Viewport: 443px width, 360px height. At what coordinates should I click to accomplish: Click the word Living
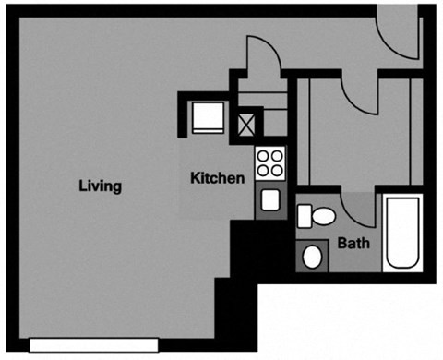100,186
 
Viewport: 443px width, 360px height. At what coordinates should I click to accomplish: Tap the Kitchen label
217,177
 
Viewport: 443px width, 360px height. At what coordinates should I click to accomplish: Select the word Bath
354,244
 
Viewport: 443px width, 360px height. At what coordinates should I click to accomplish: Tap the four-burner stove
270,163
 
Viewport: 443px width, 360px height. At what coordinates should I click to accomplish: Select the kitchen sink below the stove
270,199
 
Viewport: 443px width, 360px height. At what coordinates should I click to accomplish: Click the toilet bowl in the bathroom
323,217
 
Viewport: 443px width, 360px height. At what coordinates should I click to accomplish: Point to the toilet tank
305,217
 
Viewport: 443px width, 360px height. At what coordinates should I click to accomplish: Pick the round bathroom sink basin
313,255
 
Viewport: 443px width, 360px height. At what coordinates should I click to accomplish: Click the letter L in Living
82,186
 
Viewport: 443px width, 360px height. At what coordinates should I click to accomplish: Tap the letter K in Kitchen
195,177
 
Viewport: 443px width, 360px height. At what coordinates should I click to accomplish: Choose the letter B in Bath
341,244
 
